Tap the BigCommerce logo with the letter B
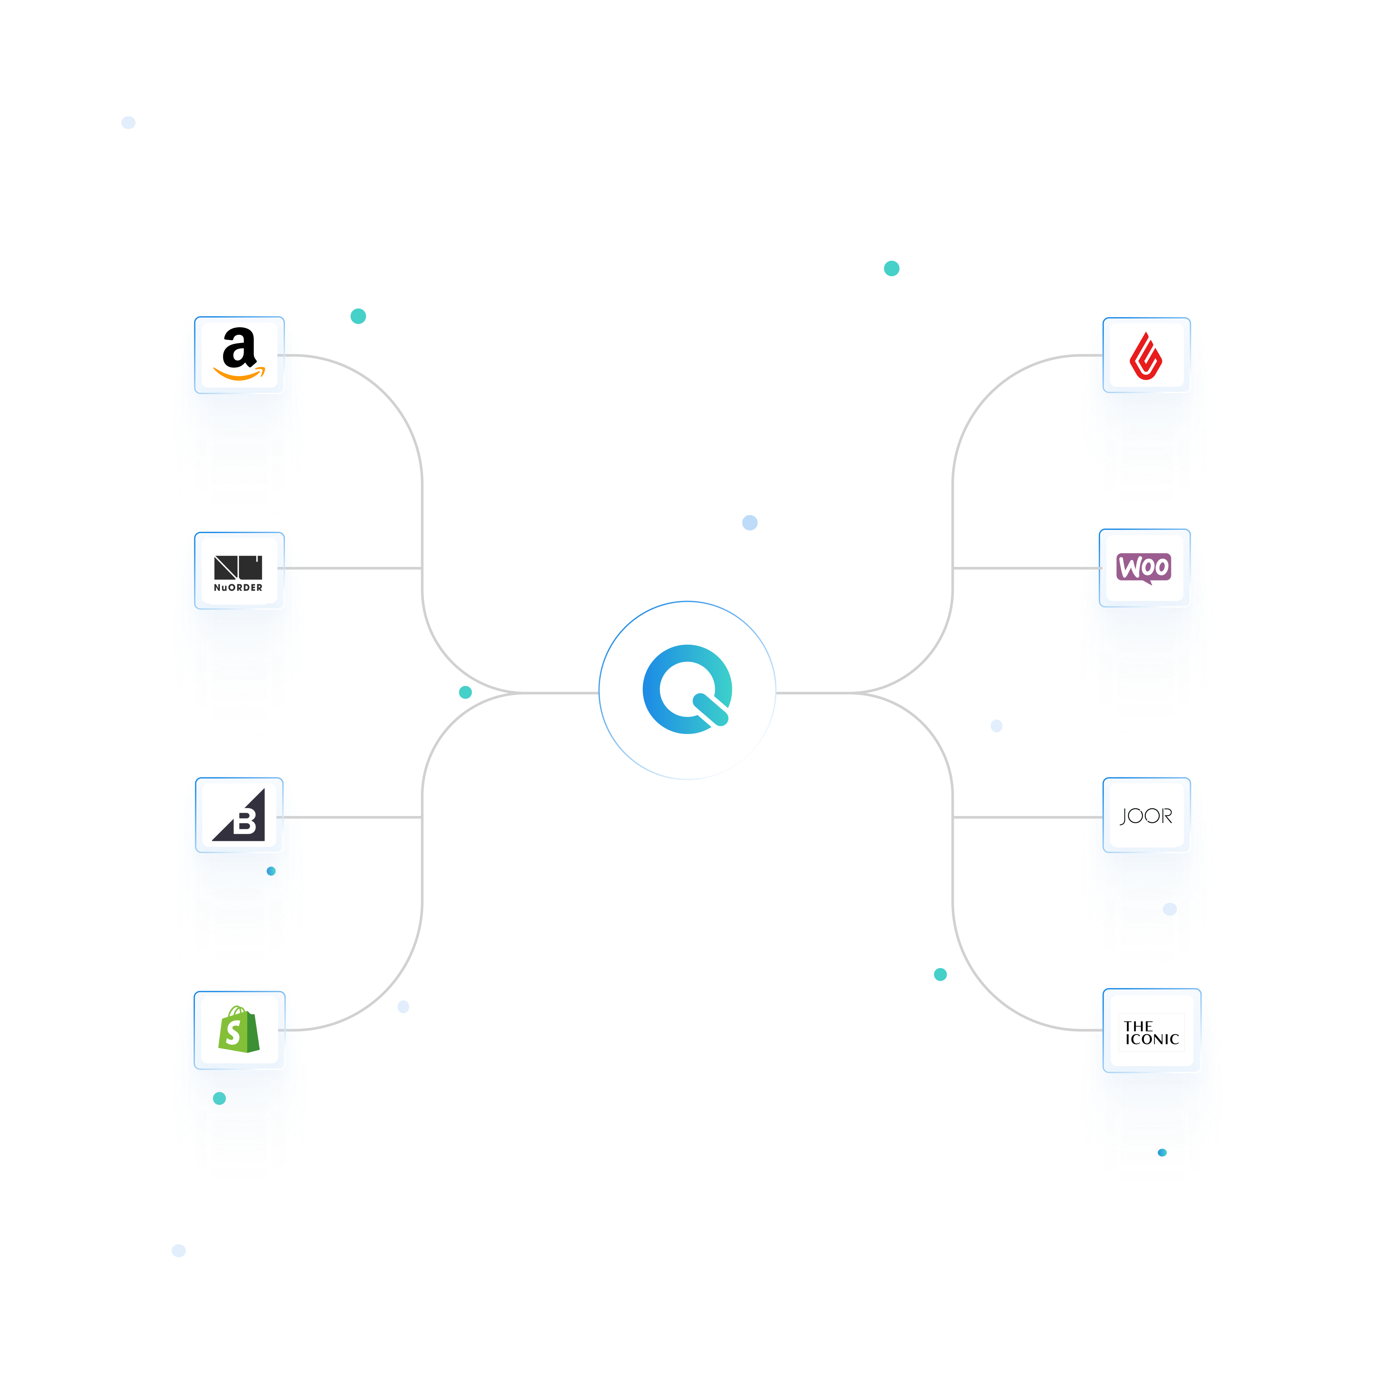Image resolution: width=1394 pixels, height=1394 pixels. (x=239, y=815)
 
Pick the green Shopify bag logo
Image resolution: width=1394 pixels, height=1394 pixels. (x=239, y=1030)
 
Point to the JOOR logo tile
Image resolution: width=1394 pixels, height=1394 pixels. (x=1146, y=816)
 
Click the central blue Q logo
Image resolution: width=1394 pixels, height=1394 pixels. (x=687, y=690)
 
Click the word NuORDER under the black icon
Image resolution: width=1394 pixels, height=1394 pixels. (x=238, y=587)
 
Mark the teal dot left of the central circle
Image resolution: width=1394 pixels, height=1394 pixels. (x=465, y=692)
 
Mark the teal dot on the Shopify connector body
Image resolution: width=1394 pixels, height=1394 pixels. (x=219, y=1098)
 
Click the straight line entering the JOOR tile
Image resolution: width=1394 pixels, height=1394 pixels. (x=1017, y=817)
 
